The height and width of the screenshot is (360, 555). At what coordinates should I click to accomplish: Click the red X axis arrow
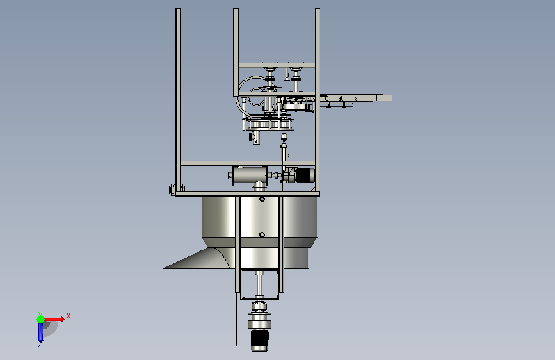click(x=53, y=319)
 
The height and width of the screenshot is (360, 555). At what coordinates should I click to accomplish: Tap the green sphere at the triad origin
click(x=40, y=319)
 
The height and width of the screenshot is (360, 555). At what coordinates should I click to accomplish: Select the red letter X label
click(x=68, y=316)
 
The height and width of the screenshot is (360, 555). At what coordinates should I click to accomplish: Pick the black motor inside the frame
click(x=305, y=175)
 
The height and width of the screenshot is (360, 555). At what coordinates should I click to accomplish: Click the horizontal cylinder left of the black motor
click(x=249, y=176)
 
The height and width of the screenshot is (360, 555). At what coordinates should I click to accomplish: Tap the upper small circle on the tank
click(x=262, y=199)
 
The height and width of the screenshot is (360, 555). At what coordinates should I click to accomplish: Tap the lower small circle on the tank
click(x=262, y=234)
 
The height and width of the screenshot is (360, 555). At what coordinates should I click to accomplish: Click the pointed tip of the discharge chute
click(x=163, y=268)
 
